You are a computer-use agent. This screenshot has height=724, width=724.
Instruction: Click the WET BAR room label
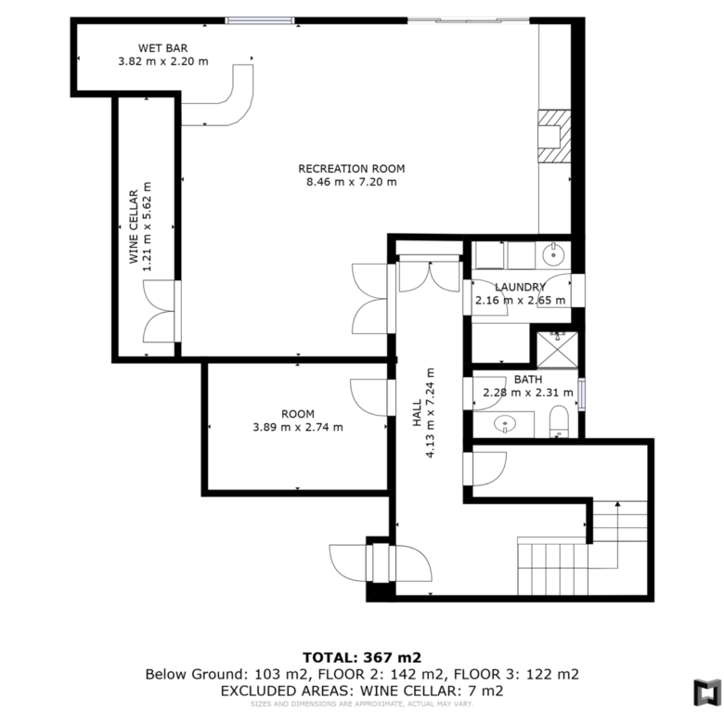163,48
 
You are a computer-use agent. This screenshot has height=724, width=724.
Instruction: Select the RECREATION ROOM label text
352,169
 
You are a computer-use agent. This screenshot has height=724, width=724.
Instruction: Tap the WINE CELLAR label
134,226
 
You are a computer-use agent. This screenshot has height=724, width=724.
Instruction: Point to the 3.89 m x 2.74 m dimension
298,427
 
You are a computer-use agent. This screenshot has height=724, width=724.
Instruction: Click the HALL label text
417,413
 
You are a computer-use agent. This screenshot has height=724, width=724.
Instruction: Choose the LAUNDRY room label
520,287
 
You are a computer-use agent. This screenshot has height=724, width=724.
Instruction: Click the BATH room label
528,380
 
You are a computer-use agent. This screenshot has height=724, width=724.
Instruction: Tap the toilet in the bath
559,421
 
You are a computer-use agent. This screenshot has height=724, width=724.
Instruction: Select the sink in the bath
505,423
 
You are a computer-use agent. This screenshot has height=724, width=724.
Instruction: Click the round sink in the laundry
553,254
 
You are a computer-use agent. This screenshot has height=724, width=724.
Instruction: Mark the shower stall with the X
557,349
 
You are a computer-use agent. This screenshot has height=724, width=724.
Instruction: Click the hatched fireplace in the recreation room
554,136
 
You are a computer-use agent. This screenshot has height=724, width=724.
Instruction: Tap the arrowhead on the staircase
617,504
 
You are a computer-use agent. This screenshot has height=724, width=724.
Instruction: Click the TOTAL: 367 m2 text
362,657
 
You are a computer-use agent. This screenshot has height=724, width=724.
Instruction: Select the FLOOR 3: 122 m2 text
516,675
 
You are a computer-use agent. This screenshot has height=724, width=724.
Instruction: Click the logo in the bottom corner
706,692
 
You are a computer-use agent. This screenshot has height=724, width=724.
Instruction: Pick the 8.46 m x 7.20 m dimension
352,182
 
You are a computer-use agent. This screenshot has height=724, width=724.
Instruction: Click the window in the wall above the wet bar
260,20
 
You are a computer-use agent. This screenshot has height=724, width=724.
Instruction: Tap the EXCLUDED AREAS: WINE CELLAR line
362,692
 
